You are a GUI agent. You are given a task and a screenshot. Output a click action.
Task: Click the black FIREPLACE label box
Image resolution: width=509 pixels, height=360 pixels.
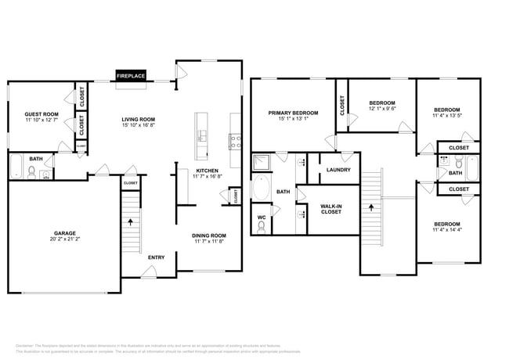point(131,76)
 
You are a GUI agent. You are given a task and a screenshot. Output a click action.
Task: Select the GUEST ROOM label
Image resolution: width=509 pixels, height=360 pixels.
point(41,113)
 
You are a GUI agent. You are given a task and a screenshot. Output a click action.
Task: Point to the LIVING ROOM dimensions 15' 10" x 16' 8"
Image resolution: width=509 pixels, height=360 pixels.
point(138,125)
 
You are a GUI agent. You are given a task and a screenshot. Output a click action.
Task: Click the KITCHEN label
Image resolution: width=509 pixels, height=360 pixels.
point(207,171)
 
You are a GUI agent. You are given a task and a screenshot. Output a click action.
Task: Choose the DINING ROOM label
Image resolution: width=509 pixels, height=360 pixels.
point(209,236)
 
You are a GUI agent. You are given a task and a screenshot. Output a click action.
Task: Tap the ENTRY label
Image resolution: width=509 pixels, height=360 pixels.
point(156,257)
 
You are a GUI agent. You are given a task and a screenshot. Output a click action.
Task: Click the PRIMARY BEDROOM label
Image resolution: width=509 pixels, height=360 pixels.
point(294,113)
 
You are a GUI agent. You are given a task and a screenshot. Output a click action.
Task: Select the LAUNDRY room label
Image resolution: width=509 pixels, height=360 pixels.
point(338,170)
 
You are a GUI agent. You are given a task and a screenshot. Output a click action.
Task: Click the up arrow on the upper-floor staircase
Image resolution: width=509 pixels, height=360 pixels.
point(372,208)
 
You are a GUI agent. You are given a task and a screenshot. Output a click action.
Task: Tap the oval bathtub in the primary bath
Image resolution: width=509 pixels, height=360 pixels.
point(262,188)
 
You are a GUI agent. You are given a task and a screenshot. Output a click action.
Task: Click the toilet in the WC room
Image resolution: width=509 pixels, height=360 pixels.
point(262,226)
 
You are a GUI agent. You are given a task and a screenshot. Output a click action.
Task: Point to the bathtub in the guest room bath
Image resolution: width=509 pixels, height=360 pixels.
point(16,167)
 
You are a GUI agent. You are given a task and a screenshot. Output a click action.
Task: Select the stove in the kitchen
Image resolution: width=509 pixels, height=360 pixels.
point(234,142)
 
